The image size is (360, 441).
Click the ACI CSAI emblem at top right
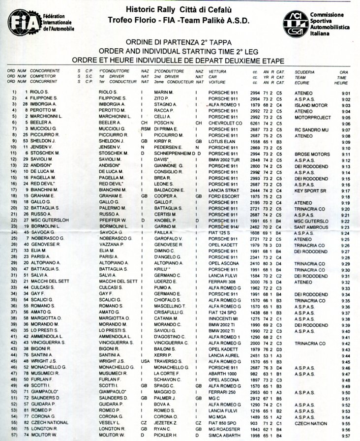[295, 23]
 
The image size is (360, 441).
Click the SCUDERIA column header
[305, 71]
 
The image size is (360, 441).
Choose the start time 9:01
[345, 93]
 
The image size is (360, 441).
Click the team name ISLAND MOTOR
[311, 105]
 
